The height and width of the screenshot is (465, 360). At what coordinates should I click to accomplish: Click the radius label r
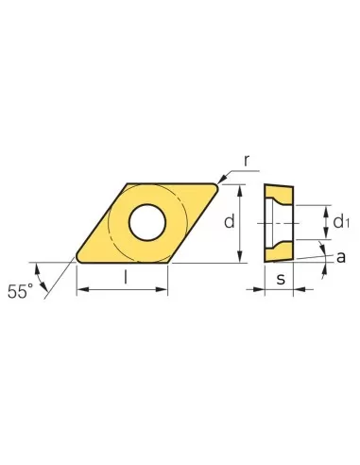click(x=246, y=160)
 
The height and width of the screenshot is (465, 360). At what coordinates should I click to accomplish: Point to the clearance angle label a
click(x=339, y=256)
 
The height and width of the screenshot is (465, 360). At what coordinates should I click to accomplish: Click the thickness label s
click(x=281, y=280)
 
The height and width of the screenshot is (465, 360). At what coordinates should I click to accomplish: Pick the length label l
click(x=124, y=280)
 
